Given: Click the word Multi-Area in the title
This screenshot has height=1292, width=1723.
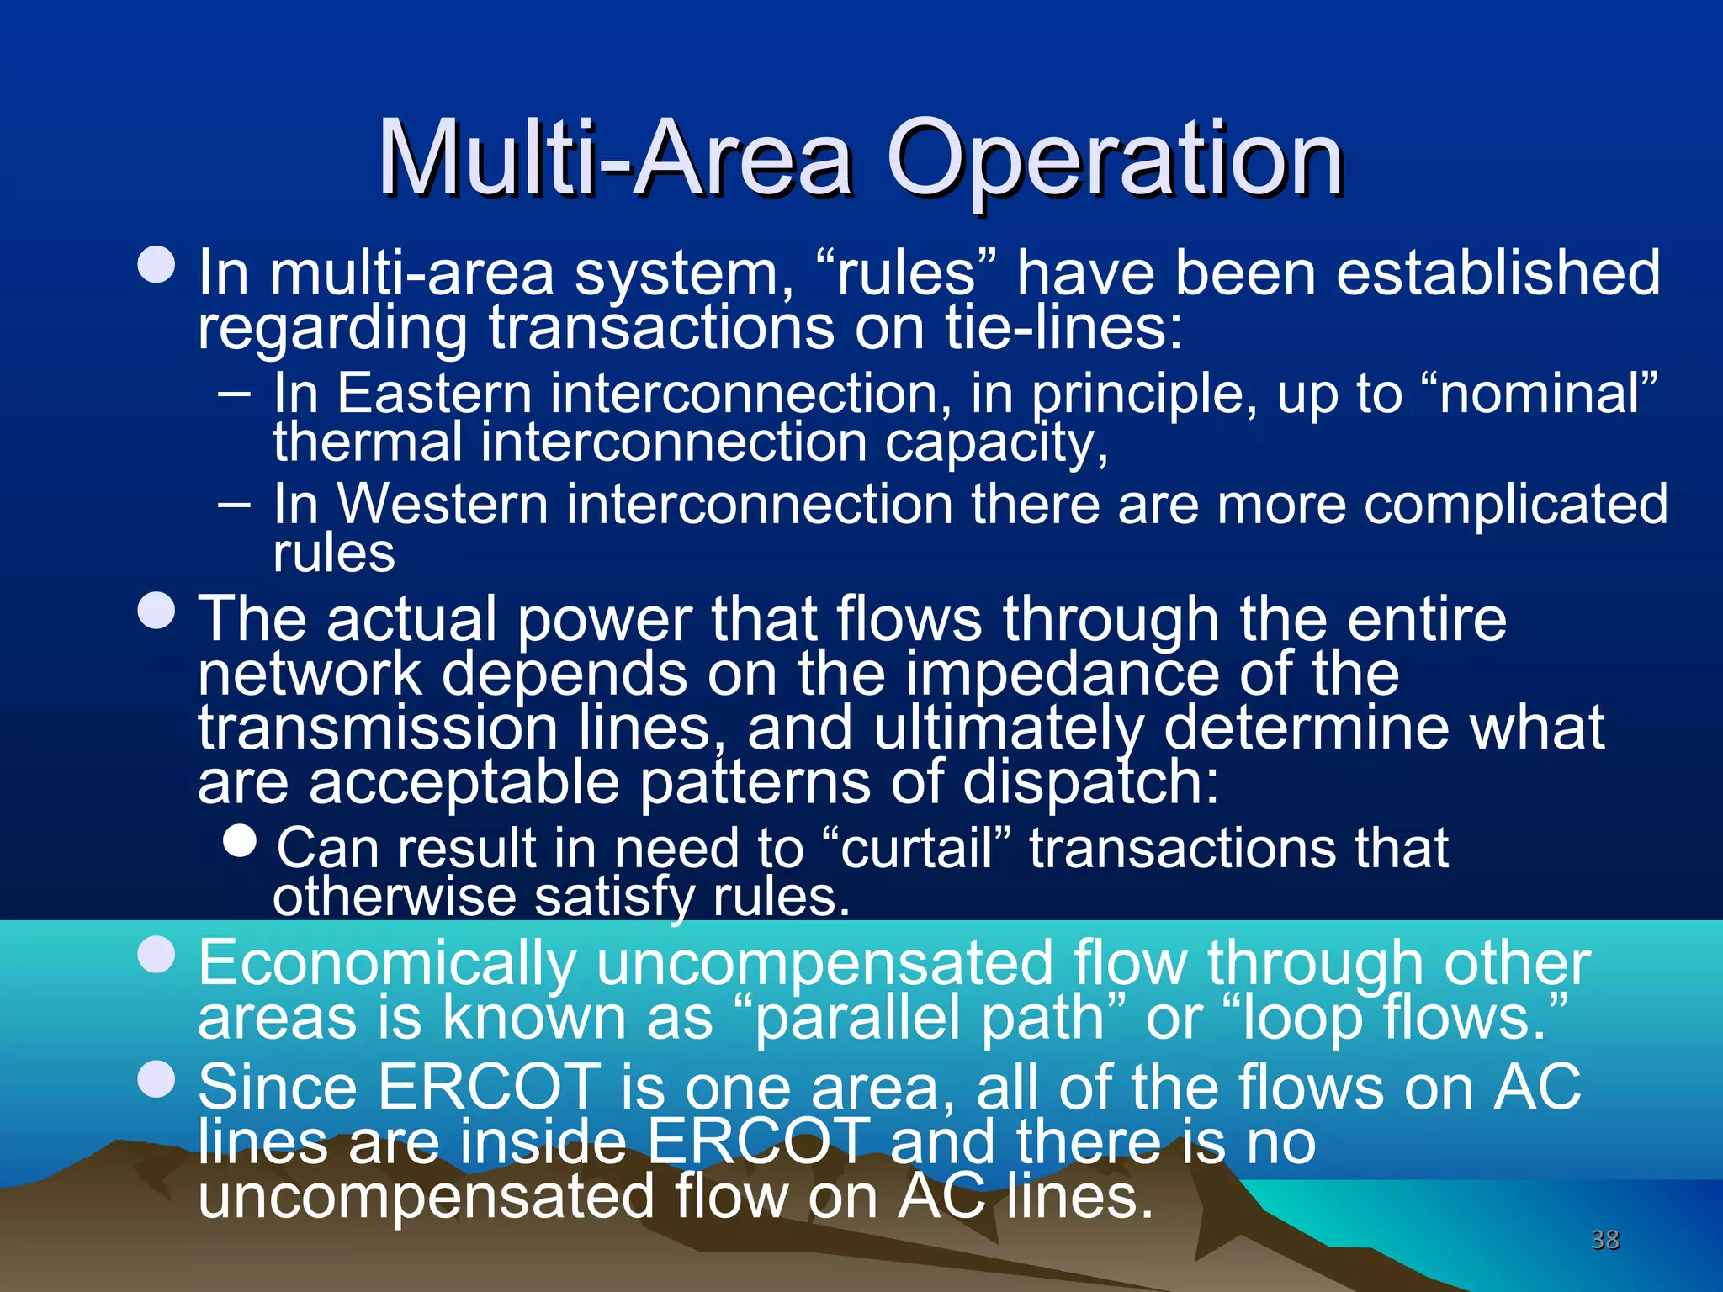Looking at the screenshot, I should coord(614,158).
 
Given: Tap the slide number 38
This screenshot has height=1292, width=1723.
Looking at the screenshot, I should coord(1605,1239).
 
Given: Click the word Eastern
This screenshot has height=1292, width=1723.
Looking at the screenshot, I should coord(434,393).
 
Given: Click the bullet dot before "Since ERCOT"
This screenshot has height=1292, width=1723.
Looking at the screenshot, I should coord(156,1080).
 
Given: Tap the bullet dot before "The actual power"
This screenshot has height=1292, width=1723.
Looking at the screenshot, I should coord(156,612).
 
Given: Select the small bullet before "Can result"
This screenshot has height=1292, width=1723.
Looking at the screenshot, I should coord(241,840).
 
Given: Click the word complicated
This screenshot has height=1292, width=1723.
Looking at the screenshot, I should coord(1515,504).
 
